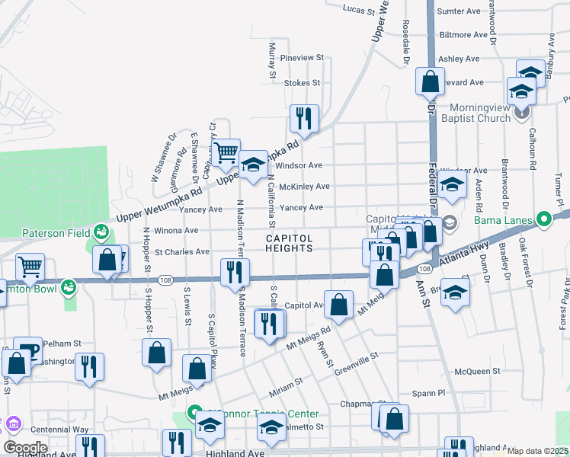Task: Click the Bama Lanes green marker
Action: [x=543, y=220]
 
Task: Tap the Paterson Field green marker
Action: [x=101, y=231]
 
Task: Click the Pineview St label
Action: [x=303, y=57]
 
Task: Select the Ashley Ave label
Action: [x=460, y=59]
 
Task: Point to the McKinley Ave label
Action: [x=304, y=186]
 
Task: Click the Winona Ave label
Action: [x=176, y=230]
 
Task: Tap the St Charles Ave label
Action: [x=181, y=251]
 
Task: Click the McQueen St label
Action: [x=477, y=371]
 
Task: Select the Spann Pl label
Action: [x=429, y=393]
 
